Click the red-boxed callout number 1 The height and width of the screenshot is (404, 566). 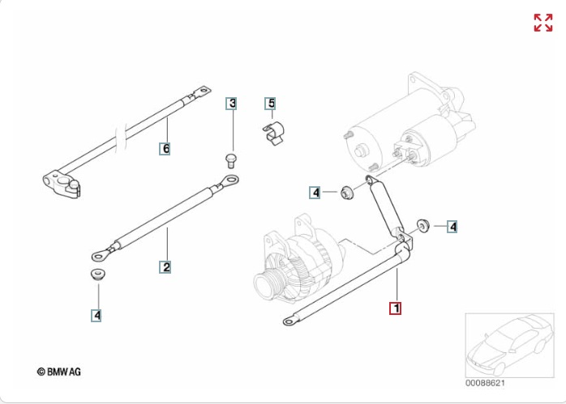pos(395,308)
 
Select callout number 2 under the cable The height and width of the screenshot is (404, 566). pos(165,267)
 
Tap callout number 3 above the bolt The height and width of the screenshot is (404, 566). pos(231,104)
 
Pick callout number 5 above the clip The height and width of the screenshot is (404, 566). pos(270,104)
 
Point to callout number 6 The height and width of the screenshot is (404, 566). pos(165,148)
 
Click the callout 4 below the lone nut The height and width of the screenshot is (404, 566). pos(96,315)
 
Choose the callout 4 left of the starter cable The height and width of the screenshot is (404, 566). pos(315,193)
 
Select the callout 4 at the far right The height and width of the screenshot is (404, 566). pos(452,227)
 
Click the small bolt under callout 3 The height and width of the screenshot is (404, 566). pos(230,160)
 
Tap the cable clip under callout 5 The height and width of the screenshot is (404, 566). pos(273,134)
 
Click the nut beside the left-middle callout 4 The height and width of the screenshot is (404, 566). pos(347,193)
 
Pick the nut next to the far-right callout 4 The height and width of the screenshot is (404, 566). pos(422,226)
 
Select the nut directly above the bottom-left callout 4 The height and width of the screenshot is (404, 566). pos(98,274)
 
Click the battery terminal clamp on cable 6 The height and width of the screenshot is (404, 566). pos(62,184)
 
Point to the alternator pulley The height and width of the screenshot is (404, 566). pos(268,283)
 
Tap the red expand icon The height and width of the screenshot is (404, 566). pos(543,23)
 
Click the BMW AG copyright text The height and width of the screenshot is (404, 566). pos(59,372)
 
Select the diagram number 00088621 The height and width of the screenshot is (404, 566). pos(485,383)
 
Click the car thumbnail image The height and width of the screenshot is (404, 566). pos(509,345)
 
